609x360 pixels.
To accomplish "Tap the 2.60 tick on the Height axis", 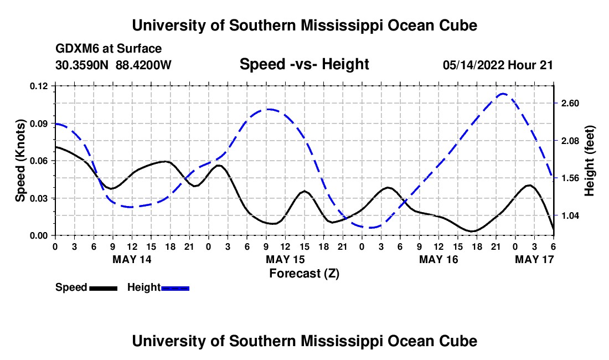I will point(570,104).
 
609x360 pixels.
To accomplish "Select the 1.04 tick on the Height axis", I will point(570,215).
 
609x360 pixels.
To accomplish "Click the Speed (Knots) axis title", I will point(20,161).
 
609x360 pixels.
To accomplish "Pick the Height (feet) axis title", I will point(589,161).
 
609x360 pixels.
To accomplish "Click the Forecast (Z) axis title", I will point(304,273).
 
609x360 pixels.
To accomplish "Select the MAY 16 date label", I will point(438,259).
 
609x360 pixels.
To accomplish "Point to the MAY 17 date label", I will point(535,259).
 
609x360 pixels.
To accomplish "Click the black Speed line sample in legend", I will point(102,288).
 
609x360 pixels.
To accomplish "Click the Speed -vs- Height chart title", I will point(304,64).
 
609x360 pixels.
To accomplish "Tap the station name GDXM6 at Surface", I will point(109,49).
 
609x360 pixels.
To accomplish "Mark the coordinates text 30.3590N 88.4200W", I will point(113,65).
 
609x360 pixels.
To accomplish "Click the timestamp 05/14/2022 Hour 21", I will point(498,65).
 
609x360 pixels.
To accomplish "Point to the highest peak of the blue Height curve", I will point(502,94).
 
